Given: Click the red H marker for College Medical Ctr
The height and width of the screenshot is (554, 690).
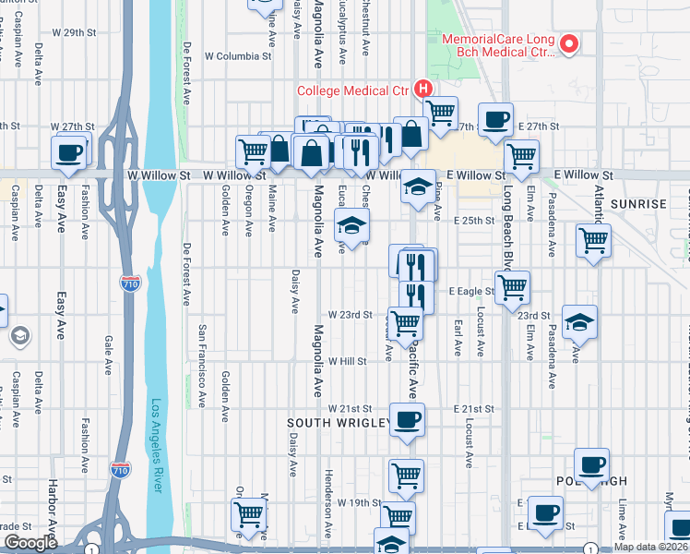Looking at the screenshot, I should [423, 90].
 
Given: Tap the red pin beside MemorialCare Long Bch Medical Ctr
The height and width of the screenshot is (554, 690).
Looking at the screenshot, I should [570, 42].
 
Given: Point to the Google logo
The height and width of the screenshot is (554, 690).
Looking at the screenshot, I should [30, 543].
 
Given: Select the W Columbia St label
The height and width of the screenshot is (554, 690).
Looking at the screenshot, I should [238, 56].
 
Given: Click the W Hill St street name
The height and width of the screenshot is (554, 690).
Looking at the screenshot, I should [347, 362].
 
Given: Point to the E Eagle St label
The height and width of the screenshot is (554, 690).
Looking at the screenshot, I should [471, 292].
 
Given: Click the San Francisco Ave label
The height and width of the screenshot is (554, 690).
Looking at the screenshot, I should [202, 366].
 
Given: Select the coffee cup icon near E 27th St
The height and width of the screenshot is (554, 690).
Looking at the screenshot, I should [495, 120].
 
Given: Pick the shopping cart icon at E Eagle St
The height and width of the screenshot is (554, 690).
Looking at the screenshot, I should [511, 285].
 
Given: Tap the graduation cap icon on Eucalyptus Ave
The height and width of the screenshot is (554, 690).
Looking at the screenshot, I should [351, 223].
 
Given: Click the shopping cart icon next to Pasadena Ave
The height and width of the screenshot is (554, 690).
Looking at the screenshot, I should [593, 241].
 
